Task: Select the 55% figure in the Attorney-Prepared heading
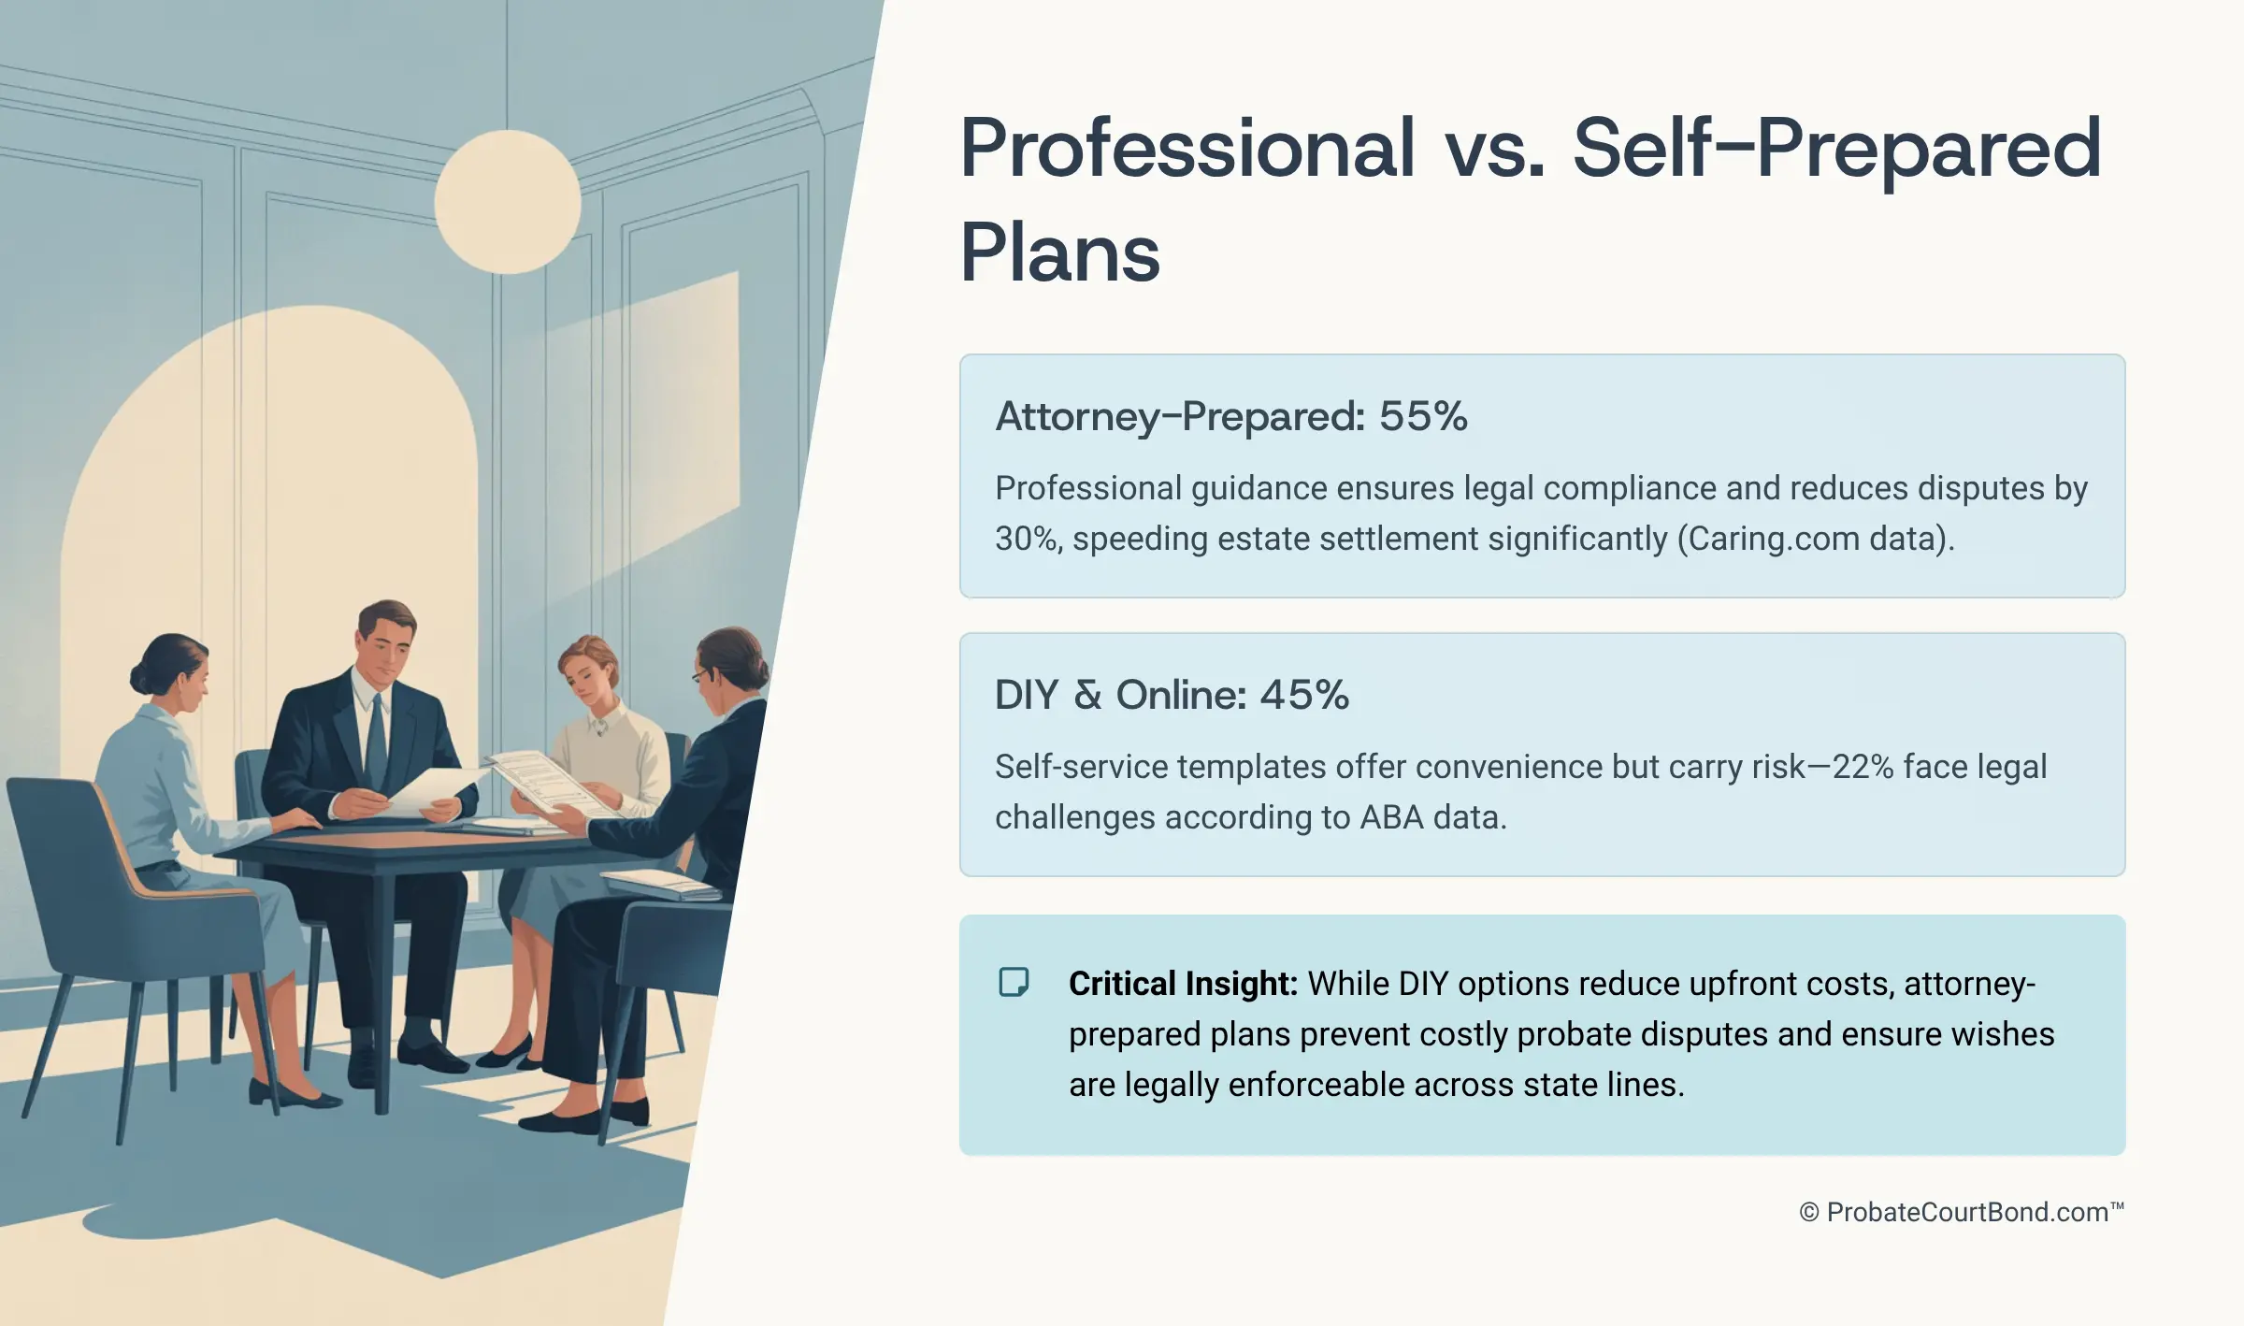point(1423,416)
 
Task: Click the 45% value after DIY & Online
point(1304,695)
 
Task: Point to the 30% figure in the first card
point(1027,539)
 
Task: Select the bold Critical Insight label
point(1183,984)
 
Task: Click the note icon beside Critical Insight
point(1014,983)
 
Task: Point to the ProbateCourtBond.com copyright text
point(1962,1212)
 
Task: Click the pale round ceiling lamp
point(508,202)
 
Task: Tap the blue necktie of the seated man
point(376,748)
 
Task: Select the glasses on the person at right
point(699,674)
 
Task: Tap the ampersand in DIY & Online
point(1086,695)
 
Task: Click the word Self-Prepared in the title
point(1838,150)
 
